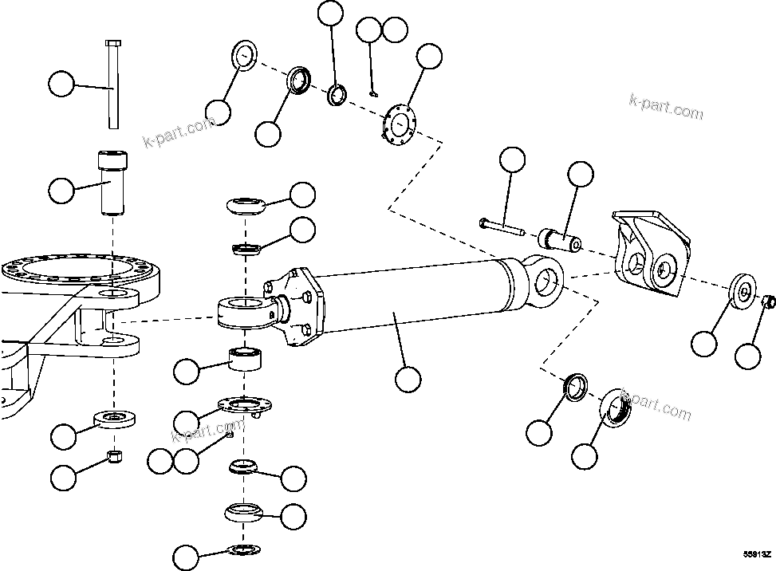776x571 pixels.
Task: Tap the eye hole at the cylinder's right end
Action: coord(546,280)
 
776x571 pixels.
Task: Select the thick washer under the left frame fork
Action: coord(115,418)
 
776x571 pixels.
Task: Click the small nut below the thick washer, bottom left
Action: coord(115,457)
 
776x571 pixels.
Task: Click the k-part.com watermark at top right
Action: coord(666,105)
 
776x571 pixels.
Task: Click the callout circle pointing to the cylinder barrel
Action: coord(408,378)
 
